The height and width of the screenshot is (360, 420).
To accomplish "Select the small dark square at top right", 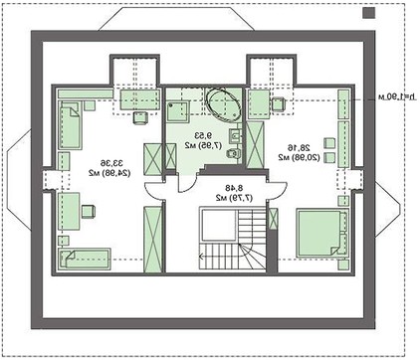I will pyautogui.click(x=369, y=14).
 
